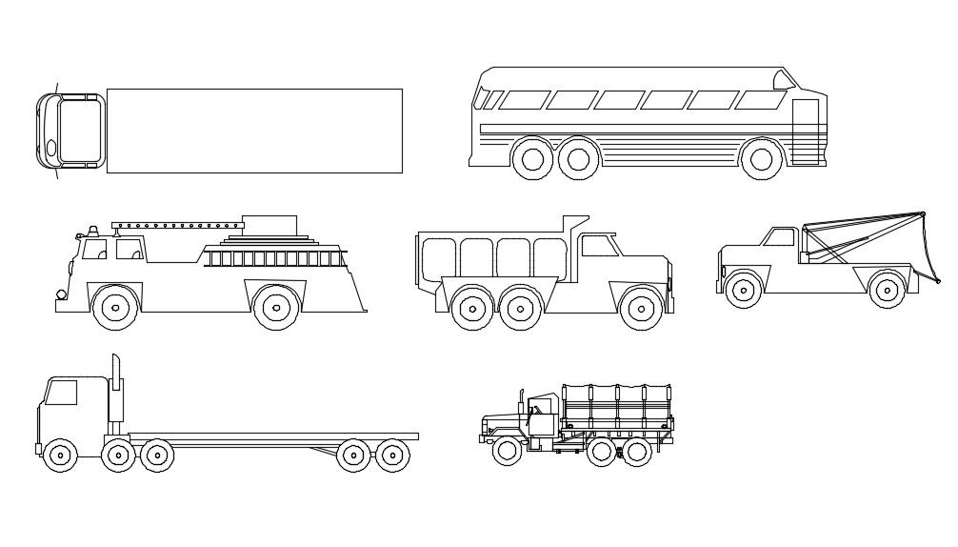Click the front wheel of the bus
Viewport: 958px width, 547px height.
pyautogui.click(x=761, y=159)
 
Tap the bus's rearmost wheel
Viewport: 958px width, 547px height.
pyautogui.click(x=533, y=159)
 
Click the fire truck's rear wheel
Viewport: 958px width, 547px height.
pyautogui.click(x=276, y=307)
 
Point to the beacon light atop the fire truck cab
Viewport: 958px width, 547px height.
pyautogui.click(x=92, y=231)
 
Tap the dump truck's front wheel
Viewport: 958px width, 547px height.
pyautogui.click(x=640, y=308)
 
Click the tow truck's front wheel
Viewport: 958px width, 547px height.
pyautogui.click(x=743, y=288)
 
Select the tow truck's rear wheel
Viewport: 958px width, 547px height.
pyautogui.click(x=888, y=288)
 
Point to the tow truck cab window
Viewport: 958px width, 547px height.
pyautogui.click(x=781, y=237)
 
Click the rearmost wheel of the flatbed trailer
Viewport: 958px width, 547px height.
pyautogui.click(x=391, y=456)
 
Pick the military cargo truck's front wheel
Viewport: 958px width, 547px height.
pyautogui.click(x=507, y=450)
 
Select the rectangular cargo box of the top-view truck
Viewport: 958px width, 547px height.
pyautogui.click(x=254, y=131)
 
